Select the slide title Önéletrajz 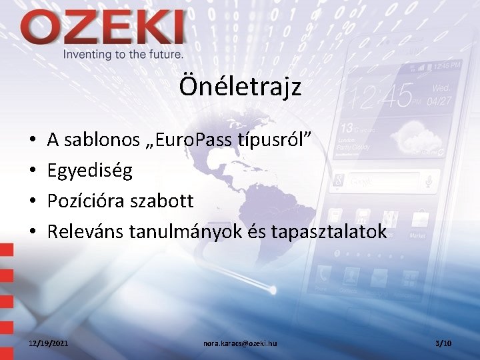(240, 86)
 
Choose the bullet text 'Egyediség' (90, 171)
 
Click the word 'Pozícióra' (91, 201)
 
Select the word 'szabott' (166, 201)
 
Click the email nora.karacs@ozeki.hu (240, 343)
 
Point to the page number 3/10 (443, 343)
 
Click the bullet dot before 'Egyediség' (33, 171)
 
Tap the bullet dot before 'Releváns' (33, 232)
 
